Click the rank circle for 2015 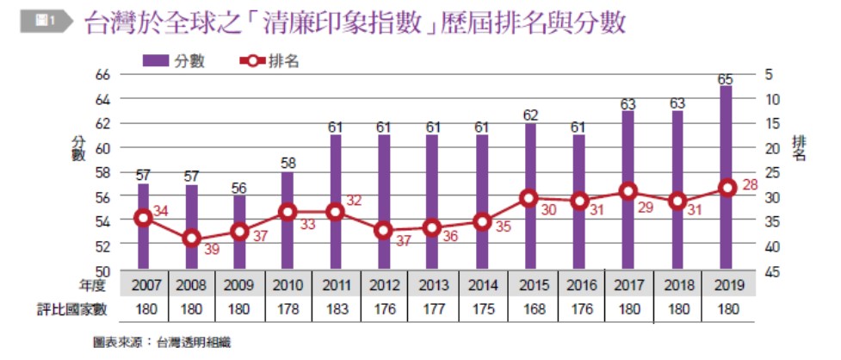pos(529,198)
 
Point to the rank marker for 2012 pos(385,230)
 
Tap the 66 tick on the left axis pos(102,75)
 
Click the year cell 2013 pos(433,285)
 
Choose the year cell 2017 pos(628,285)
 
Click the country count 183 pos(336,308)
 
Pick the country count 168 pos(530,308)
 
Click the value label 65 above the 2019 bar pos(726,78)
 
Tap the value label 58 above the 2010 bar pos(288,164)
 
